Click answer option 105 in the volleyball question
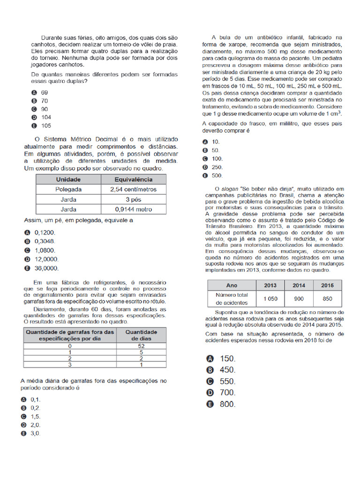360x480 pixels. click(x=45, y=126)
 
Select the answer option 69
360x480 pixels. click(x=45, y=92)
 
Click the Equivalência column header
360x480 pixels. click(x=133, y=180)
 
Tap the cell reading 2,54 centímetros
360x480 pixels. click(x=133, y=189)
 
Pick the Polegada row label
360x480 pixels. click(x=68, y=189)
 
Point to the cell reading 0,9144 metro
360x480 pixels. click(x=133, y=209)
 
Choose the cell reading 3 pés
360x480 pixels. click(x=133, y=199)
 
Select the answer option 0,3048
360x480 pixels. click(x=45, y=241)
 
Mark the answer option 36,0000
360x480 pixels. click(x=46, y=268)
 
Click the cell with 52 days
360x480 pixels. click(x=141, y=345)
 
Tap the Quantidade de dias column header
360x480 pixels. click(x=141, y=335)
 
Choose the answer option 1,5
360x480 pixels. click(x=36, y=416)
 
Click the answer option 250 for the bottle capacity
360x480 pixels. click(x=217, y=167)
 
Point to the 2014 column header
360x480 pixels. click(x=299, y=285)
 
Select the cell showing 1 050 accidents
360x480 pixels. click(x=270, y=299)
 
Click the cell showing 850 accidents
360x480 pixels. click(x=327, y=299)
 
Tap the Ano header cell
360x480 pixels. click(x=232, y=285)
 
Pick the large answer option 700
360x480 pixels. click(x=227, y=393)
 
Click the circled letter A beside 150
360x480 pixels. click(x=210, y=359)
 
